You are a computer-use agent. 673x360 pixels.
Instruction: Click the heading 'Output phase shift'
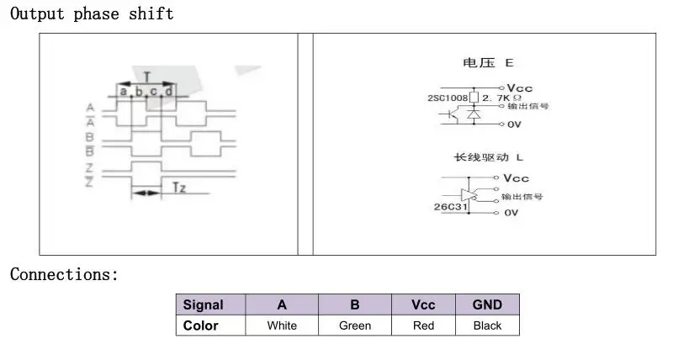(x=92, y=13)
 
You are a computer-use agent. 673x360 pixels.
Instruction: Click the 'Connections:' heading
(x=64, y=274)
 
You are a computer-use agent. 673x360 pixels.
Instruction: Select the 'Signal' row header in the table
(x=204, y=304)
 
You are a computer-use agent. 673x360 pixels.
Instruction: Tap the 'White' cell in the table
(x=282, y=326)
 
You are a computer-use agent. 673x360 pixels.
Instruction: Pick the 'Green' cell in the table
(x=355, y=326)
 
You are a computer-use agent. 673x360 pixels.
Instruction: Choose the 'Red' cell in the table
(x=423, y=326)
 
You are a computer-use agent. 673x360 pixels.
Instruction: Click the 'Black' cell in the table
(x=487, y=326)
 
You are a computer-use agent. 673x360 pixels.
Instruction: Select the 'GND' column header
(x=487, y=304)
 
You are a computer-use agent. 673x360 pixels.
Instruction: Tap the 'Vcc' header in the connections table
(x=423, y=304)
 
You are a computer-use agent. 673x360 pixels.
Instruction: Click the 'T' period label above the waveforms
(x=147, y=77)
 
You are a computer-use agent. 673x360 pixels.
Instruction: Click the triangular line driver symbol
(x=469, y=194)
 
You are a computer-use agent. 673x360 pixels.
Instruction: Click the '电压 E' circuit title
(x=487, y=63)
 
